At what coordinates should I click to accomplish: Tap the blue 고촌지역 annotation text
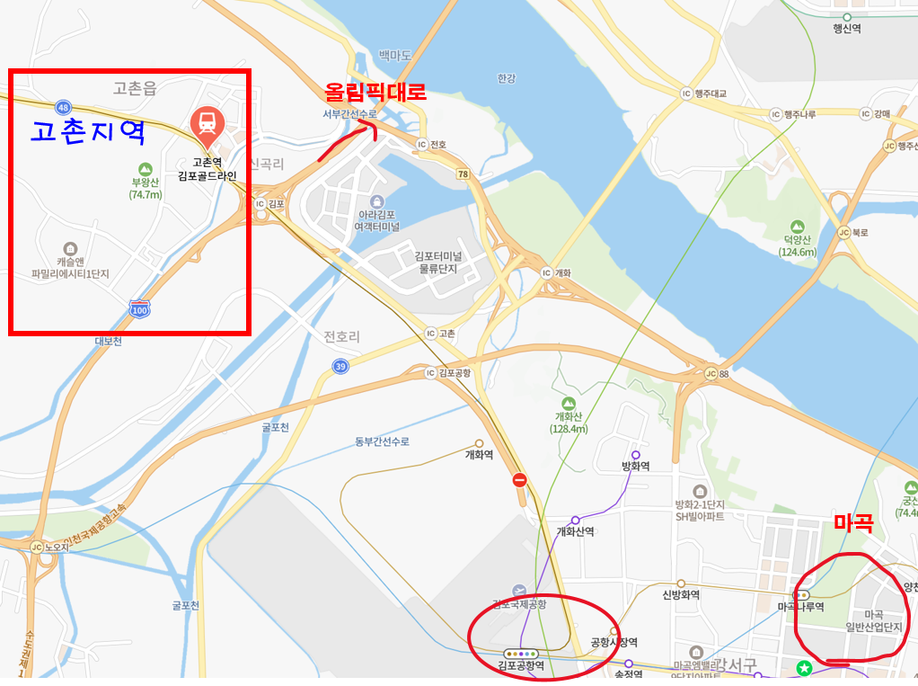click(88, 132)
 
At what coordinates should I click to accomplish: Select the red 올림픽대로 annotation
click(375, 92)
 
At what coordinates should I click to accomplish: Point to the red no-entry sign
click(519, 480)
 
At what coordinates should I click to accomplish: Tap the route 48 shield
click(62, 106)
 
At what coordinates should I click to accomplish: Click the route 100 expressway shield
click(139, 308)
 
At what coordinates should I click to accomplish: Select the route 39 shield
click(340, 366)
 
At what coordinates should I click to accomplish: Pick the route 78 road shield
click(463, 174)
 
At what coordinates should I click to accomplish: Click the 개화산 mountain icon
click(568, 404)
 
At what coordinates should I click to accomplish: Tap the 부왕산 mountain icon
click(145, 168)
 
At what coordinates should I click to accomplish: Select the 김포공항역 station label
click(521, 665)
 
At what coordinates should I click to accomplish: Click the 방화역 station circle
click(635, 455)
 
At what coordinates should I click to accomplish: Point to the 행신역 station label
click(846, 29)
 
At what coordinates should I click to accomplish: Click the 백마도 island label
click(394, 56)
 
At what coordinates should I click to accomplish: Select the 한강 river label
click(507, 78)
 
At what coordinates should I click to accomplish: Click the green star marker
click(805, 668)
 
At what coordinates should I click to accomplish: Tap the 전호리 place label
click(341, 337)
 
